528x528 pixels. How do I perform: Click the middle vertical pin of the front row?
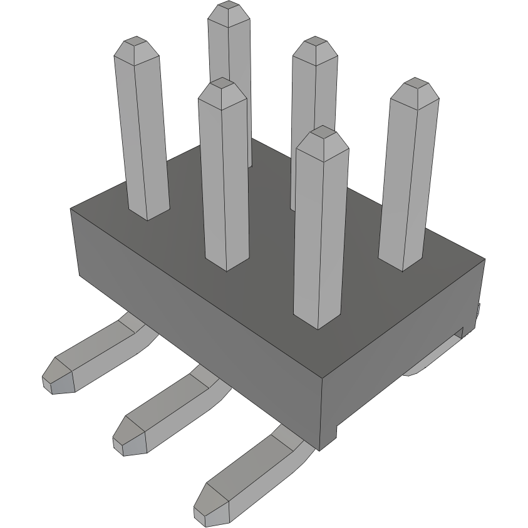pos(224,175)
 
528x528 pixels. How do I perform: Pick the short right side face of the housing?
pos(401,351)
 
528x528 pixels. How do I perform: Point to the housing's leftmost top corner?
pos(71,209)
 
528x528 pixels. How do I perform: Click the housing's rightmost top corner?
pos(485,258)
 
